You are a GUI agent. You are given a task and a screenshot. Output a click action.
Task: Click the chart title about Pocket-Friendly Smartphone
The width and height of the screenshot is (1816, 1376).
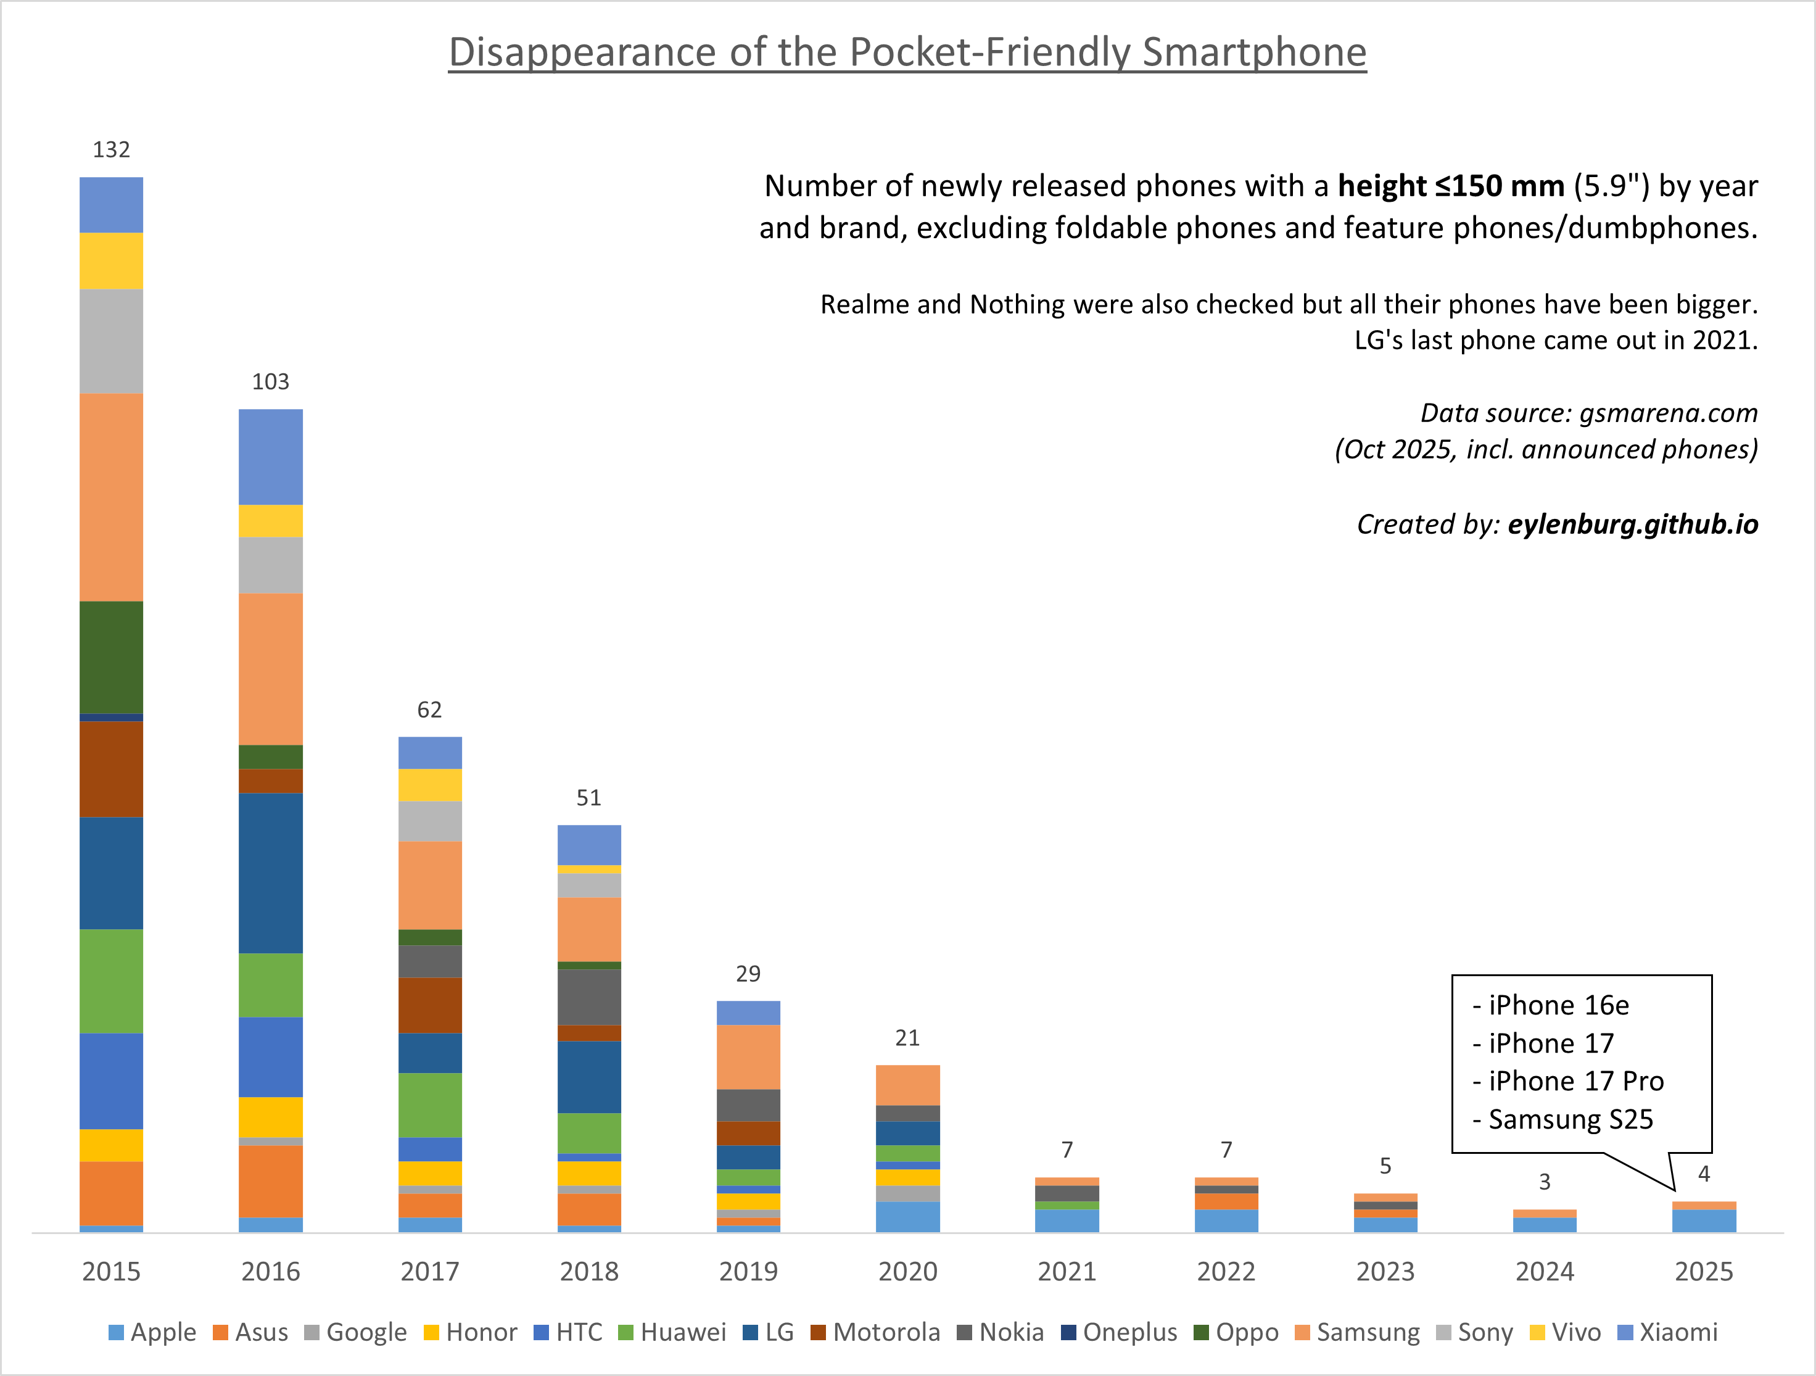coord(907,52)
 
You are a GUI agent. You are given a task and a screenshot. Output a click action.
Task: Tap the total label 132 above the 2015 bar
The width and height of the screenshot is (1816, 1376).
coord(111,149)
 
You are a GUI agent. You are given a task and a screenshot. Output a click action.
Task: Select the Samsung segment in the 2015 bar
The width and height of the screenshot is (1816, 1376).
coord(111,497)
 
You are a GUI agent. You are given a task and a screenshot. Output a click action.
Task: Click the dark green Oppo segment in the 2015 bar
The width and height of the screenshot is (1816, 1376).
coord(111,657)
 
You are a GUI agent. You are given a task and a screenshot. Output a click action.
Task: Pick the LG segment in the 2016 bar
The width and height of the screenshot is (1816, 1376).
coord(270,872)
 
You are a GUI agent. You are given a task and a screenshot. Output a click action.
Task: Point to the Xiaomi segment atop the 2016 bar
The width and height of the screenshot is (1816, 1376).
coord(270,457)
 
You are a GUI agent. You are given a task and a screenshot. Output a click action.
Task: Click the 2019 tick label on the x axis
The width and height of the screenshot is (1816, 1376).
coord(748,1271)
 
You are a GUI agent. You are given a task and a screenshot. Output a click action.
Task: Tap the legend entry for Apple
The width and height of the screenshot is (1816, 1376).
coord(153,1332)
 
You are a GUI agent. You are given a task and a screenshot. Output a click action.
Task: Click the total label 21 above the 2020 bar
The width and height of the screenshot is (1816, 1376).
coord(907,1038)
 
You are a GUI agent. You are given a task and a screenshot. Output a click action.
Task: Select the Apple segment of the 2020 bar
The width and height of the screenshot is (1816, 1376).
coord(907,1217)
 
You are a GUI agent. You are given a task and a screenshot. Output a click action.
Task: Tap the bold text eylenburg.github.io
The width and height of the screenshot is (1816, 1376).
coord(1632,524)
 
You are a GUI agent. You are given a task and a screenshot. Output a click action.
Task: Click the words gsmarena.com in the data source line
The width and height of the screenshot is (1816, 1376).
coord(1668,412)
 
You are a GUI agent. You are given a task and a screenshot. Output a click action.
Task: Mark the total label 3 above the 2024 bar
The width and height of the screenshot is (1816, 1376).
coord(1544,1182)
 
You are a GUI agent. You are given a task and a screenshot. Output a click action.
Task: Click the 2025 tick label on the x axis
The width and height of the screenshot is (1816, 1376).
coord(1704,1271)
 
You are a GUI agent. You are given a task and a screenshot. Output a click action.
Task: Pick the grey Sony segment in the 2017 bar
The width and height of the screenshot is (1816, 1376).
coord(429,821)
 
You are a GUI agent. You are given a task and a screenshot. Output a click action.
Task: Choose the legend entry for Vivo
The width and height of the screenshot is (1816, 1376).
coord(1566,1332)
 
